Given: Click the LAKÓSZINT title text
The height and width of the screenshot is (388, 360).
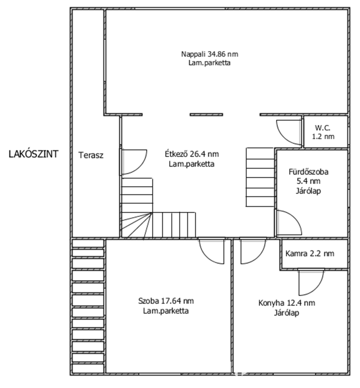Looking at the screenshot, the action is coord(33,154).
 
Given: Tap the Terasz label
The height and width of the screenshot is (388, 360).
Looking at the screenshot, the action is coord(91,155).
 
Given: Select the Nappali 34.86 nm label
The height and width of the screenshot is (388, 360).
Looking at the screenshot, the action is coord(210,54).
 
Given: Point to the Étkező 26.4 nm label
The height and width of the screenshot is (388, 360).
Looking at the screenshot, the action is coord(192,154).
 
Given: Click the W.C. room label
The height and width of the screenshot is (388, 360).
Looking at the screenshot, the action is coord(323,128).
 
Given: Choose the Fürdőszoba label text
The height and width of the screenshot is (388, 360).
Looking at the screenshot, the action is coord(309,172).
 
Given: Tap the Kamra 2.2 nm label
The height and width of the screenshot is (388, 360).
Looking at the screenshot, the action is coord(310,254).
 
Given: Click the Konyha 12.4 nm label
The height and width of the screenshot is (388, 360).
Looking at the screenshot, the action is coord(287,303).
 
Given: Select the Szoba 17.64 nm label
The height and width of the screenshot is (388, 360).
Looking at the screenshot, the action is coord(166,301).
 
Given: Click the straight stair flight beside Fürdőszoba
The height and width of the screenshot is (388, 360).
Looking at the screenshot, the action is coord(260,177).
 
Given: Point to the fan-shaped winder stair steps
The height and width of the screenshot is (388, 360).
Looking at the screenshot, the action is coord(137,225).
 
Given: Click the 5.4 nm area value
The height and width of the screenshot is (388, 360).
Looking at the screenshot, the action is coord(309,181).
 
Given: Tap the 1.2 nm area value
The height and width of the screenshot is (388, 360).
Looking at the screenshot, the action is coord(323,137).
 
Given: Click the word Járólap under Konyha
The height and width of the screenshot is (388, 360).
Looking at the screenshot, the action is coord(286,313).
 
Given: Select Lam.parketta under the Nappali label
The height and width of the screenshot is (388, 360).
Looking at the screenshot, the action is coord(209,63).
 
